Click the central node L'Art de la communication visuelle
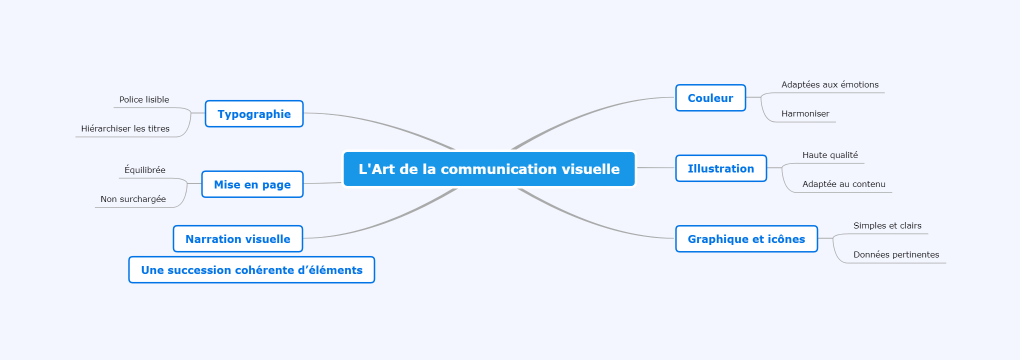489,169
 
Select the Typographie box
254,114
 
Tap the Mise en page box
252,184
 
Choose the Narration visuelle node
238,239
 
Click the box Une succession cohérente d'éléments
251,270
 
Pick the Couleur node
710,98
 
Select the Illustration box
721,168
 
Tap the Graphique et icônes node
746,239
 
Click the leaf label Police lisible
144,99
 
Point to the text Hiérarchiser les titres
125,128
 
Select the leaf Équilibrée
145,170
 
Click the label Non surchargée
133,199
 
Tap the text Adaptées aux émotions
830,84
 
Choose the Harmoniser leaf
805,113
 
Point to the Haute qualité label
830,155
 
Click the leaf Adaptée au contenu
844,184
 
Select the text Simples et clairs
887,225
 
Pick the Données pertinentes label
896,254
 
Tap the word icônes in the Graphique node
786,239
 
